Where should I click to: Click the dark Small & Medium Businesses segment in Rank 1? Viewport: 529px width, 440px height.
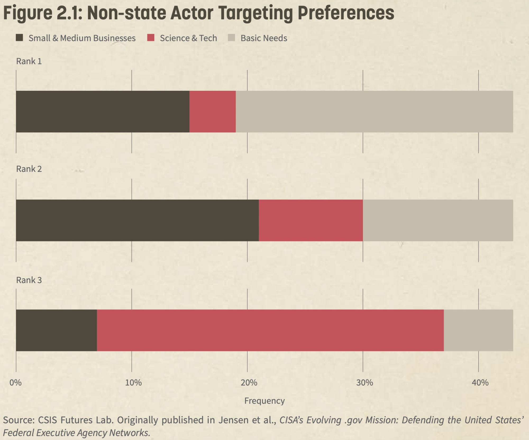coord(103,111)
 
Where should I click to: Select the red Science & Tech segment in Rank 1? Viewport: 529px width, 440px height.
coord(212,111)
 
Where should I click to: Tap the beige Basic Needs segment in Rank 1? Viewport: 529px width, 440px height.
coord(374,111)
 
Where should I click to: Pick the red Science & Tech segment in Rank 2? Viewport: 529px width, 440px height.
coord(311,220)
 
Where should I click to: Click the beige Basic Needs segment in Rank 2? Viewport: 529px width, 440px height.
coord(438,220)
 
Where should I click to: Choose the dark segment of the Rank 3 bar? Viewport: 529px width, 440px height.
coord(56,330)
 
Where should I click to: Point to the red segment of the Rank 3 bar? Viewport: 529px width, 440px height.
coord(270,330)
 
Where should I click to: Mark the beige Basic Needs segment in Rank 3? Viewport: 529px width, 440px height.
coord(478,330)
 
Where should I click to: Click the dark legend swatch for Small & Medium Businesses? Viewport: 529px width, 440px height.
coord(19,38)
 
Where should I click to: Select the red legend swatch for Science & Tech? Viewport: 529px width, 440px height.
coord(151,38)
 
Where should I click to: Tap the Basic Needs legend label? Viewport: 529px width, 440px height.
coord(264,38)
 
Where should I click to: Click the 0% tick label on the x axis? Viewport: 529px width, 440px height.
coord(15,383)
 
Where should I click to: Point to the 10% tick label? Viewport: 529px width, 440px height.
coord(133,383)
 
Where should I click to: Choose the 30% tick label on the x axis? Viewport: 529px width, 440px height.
coord(364,383)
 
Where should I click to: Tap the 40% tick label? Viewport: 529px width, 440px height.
coord(480,383)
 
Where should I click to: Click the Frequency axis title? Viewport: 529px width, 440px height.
coord(264,401)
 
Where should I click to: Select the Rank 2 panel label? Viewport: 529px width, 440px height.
coord(29,169)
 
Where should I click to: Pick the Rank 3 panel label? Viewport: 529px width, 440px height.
coord(29,280)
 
